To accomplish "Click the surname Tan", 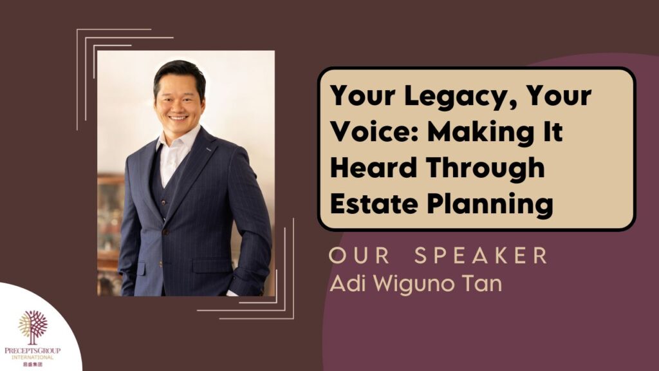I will coord(482,284).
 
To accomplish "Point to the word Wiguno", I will coord(411,285).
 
